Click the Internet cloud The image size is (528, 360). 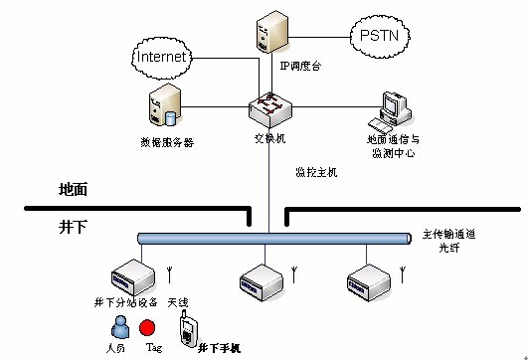[x=162, y=57]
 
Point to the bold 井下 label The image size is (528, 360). [x=78, y=228]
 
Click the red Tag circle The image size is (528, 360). [x=147, y=327]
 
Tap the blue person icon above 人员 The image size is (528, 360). [x=118, y=326]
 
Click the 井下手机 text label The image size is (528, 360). [x=219, y=348]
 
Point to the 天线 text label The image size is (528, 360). [x=177, y=301]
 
